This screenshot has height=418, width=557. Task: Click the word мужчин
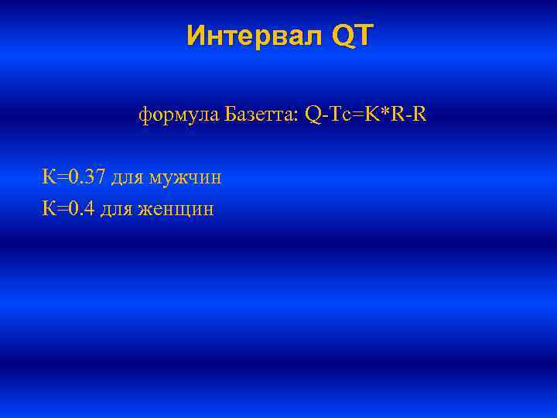[x=185, y=179]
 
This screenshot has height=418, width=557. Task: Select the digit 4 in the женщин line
[x=91, y=208]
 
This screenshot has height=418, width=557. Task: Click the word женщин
[x=176, y=209]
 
